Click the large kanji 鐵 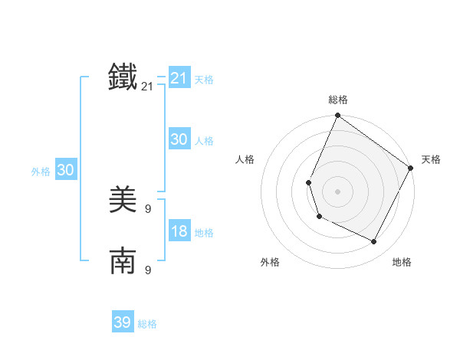(x=123, y=78)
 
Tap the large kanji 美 (x=123, y=201)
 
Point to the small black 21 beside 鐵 (x=147, y=87)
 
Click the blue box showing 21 (x=179, y=78)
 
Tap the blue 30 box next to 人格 (x=179, y=139)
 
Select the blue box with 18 (x=179, y=231)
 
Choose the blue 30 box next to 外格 (x=65, y=170)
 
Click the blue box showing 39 (x=123, y=322)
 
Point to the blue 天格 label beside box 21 (x=204, y=80)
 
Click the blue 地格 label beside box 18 (x=204, y=233)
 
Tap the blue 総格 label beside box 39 (x=147, y=324)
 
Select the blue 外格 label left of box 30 (x=41, y=172)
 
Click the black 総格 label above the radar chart (x=338, y=100)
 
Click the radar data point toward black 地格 (x=374, y=242)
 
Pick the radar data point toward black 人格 (x=308, y=182)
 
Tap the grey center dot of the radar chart (x=337, y=191)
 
